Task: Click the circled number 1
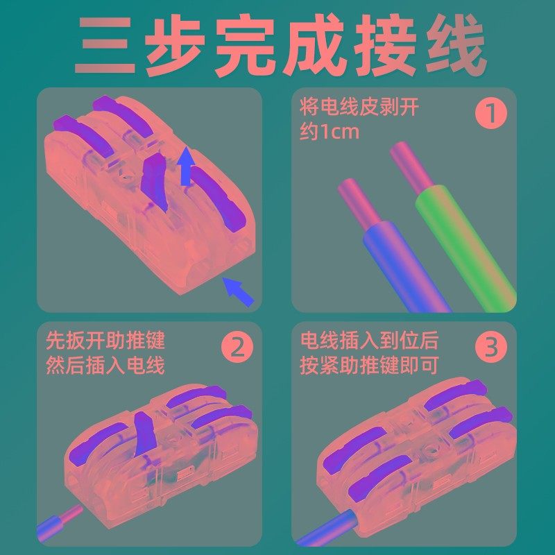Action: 490,113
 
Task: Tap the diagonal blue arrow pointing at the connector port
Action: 238,291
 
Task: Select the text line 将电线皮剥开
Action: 359,108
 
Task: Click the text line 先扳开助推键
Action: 105,341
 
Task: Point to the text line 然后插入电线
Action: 105,365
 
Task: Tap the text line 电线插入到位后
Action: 369,341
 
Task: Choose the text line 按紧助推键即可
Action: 369,365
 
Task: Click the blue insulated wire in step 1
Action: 402,264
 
